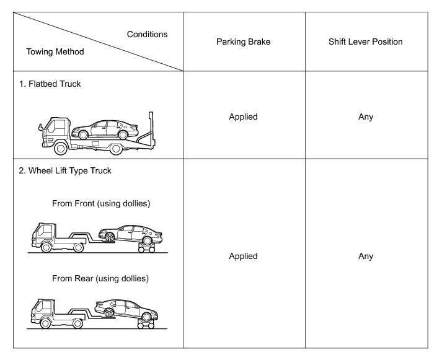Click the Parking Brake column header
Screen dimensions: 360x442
click(x=244, y=42)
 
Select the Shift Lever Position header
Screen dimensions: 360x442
click(x=366, y=42)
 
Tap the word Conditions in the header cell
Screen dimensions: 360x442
click(x=147, y=34)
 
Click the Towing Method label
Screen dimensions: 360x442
click(x=55, y=52)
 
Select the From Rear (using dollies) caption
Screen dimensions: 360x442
click(x=100, y=278)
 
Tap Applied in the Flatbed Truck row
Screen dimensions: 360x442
click(x=244, y=116)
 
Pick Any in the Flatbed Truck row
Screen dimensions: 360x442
click(x=366, y=116)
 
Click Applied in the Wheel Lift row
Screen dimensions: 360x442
click(x=244, y=256)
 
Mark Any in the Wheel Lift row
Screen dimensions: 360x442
click(x=366, y=256)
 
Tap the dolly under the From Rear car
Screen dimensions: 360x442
click(x=146, y=322)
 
